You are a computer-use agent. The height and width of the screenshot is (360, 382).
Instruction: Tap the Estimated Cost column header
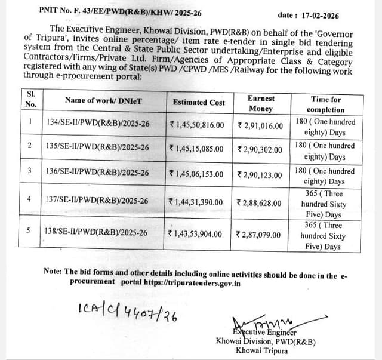click(199, 103)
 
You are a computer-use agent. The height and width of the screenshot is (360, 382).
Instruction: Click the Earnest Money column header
click(261, 103)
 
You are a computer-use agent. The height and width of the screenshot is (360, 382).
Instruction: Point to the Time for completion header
click(326, 104)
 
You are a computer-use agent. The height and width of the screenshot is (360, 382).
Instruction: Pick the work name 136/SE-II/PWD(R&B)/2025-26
click(98, 173)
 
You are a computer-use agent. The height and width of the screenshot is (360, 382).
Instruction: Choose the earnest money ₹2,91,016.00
click(260, 125)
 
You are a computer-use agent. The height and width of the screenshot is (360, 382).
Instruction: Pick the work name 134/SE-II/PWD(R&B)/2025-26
click(98, 124)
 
